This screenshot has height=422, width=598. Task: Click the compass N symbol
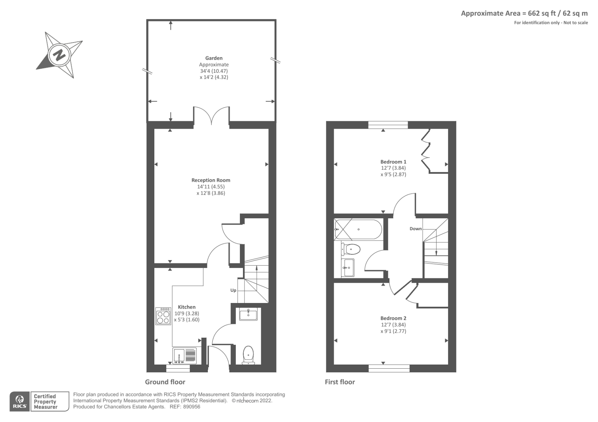click(x=59, y=55)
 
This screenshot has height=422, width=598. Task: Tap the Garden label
click(x=213, y=58)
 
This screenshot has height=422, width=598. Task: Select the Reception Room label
click(x=211, y=180)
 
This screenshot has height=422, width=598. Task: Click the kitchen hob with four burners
click(x=163, y=316)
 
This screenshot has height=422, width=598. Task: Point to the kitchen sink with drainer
click(x=185, y=356)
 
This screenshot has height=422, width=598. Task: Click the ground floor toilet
click(x=249, y=355)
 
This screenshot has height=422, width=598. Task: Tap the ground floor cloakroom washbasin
click(x=248, y=314)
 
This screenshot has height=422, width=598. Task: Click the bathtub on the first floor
click(x=358, y=229)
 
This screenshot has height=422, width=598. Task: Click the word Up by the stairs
click(x=233, y=290)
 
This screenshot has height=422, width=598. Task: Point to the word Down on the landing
click(x=416, y=229)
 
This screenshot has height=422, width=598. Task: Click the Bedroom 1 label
click(x=393, y=162)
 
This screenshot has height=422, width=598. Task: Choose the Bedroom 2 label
click(x=393, y=318)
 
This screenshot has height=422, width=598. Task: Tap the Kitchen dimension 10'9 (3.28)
click(x=187, y=313)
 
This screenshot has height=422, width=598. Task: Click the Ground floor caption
click(x=165, y=382)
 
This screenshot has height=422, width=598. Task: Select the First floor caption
click(x=340, y=382)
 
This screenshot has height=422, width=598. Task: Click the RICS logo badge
click(x=20, y=401)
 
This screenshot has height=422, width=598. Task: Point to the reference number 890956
click(x=191, y=407)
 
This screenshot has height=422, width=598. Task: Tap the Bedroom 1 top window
click(x=388, y=125)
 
